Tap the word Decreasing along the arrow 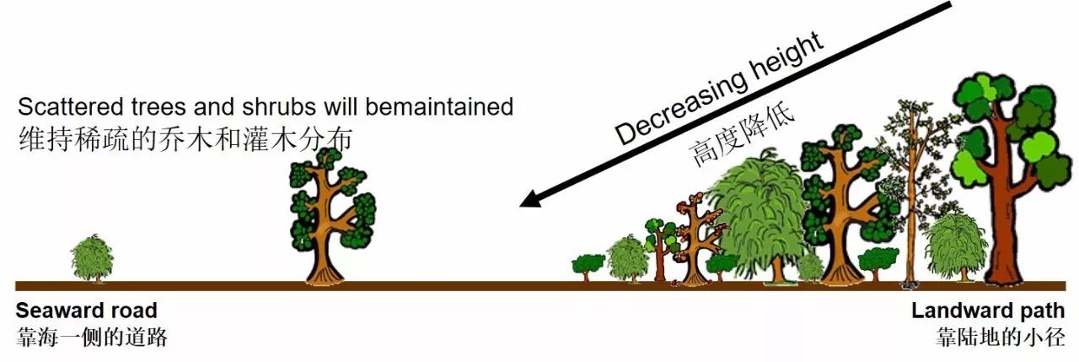682,107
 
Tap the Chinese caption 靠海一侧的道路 92,338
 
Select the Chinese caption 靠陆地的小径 1000,338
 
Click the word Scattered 70,106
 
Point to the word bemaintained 439,106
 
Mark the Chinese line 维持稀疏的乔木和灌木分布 185,139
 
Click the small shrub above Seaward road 92,259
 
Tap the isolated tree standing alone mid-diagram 331,217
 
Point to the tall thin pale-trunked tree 910,192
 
